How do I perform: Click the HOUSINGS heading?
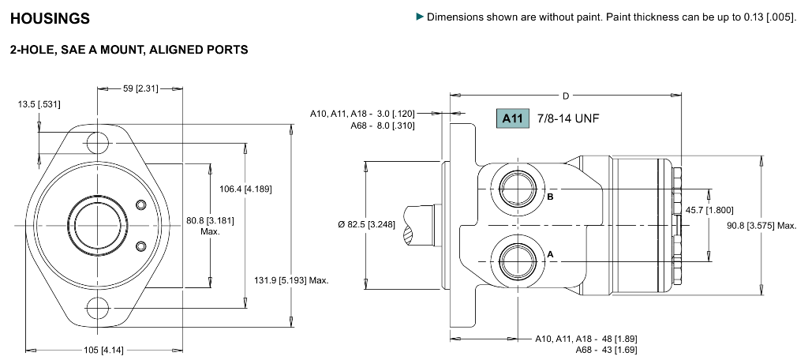[x=50, y=18]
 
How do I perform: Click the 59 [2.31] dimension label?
[x=141, y=88]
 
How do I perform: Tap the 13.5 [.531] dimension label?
[x=40, y=104]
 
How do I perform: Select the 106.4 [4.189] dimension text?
[x=245, y=189]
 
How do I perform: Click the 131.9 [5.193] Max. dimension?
[x=291, y=280]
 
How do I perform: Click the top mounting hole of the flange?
[x=98, y=143]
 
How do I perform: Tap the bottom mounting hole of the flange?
[x=98, y=306]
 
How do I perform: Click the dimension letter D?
[x=566, y=96]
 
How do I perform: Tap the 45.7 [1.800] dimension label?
[x=709, y=210]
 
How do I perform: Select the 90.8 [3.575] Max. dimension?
[x=761, y=226]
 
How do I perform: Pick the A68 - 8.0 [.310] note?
[x=383, y=125]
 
